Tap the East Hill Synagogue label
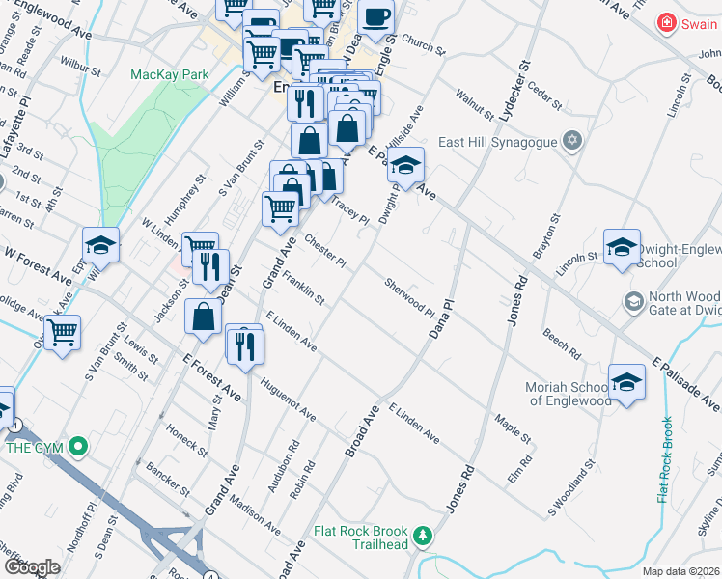pyautogui.click(x=497, y=142)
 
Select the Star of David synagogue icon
pyautogui.click(x=572, y=142)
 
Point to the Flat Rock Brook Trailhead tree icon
pyautogui.click(x=422, y=534)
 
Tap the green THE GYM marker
pyautogui.click(x=79, y=447)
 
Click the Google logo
pyautogui.click(x=32, y=567)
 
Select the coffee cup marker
pyautogui.click(x=376, y=17)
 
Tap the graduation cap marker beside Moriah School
pyautogui.click(x=626, y=382)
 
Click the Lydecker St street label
pyautogui.click(x=514, y=90)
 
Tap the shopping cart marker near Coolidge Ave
pyautogui.click(x=62, y=334)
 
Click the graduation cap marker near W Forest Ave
pyautogui.click(x=100, y=246)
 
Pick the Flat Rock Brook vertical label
pyautogui.click(x=664, y=459)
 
